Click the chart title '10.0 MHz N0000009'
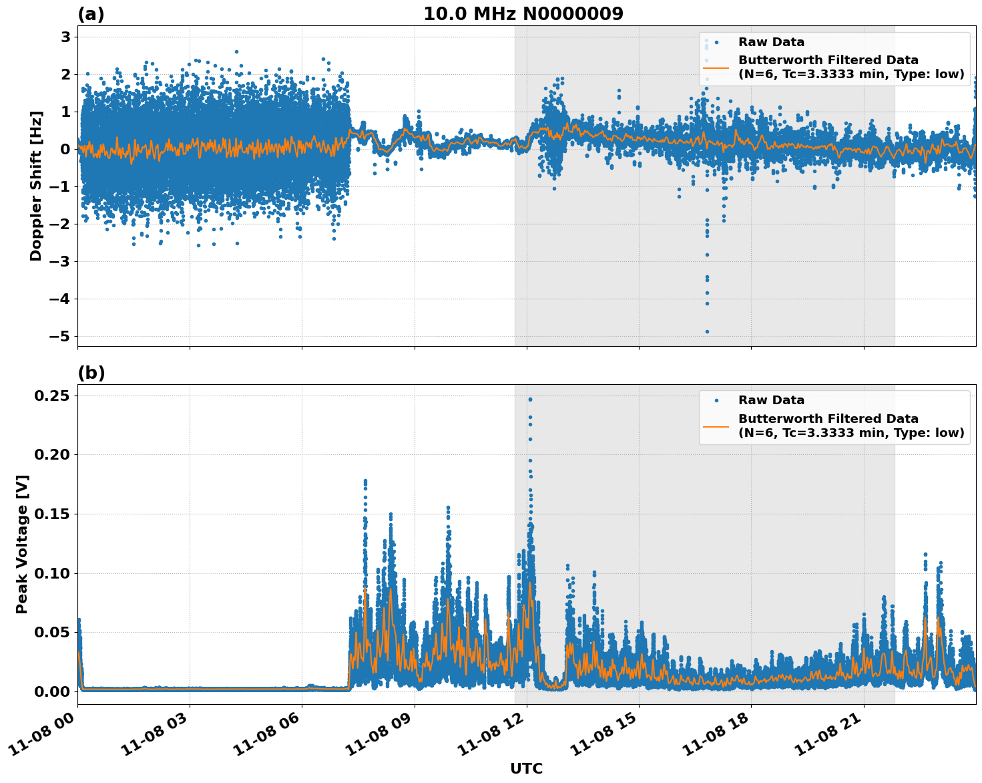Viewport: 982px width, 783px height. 523,14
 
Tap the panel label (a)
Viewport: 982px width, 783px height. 91,14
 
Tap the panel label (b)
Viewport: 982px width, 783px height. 91,373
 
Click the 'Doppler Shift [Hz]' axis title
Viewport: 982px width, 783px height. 36,186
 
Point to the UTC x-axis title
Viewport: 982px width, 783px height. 526,768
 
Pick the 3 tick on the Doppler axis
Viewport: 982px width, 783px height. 65,37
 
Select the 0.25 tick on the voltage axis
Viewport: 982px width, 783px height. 52,396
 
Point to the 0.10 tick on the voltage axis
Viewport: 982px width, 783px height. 52,573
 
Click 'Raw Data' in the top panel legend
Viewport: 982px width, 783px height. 771,42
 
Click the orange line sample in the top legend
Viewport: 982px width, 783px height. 716,67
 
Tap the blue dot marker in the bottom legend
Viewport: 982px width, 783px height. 716,400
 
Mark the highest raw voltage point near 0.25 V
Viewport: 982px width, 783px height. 530,400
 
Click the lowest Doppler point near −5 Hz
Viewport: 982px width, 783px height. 707,331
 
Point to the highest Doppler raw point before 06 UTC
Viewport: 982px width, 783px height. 236,51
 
